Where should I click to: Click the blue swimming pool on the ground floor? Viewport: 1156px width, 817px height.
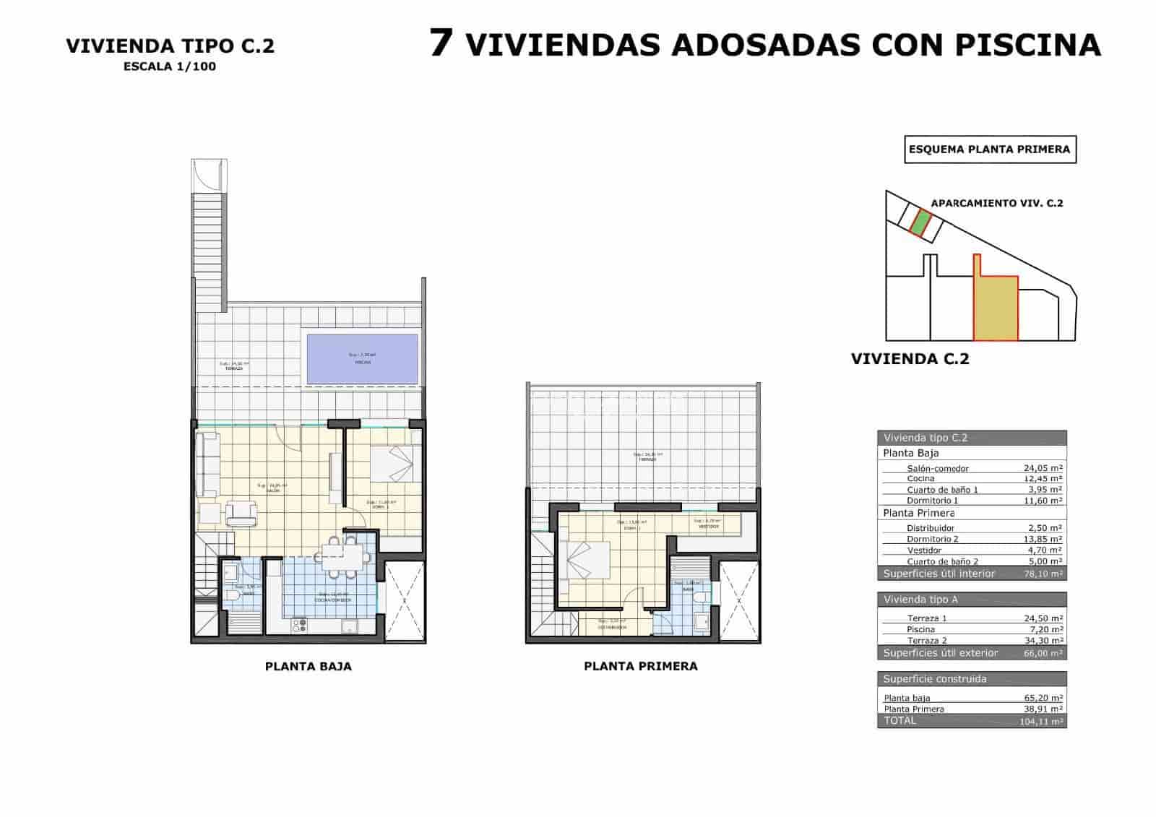[363, 358]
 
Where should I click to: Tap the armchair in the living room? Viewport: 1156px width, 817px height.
[241, 513]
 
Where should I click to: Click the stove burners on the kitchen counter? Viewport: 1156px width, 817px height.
[300, 625]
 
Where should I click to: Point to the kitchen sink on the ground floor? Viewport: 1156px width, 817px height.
[350, 626]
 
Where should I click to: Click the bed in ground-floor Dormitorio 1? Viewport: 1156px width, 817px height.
[393, 463]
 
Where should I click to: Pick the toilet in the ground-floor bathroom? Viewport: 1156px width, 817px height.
[233, 596]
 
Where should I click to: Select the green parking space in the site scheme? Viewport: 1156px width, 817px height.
[919, 222]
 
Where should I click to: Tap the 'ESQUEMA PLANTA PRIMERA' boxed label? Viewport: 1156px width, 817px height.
[990, 150]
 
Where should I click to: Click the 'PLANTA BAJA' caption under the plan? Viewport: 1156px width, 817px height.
[309, 666]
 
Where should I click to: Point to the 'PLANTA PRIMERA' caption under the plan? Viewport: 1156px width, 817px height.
[641, 666]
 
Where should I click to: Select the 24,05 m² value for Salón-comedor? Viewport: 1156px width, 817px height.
[1043, 468]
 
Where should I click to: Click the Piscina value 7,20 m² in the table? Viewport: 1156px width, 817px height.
[1045, 629]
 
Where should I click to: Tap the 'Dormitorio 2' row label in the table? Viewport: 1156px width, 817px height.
[933, 539]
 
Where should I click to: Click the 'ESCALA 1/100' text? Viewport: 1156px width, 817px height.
[170, 66]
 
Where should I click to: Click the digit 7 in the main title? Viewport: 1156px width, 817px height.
[441, 43]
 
